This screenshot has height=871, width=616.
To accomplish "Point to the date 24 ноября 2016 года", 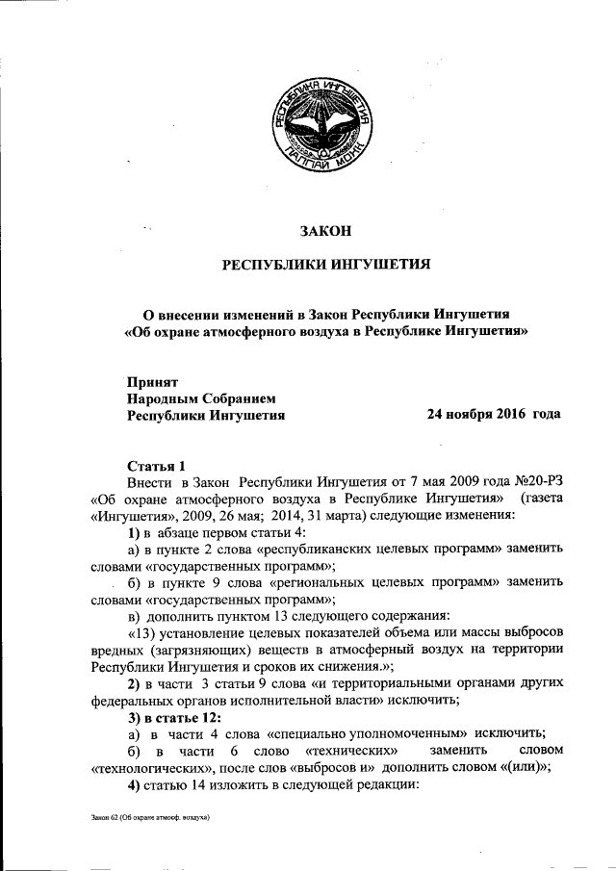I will click(x=493, y=415).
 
